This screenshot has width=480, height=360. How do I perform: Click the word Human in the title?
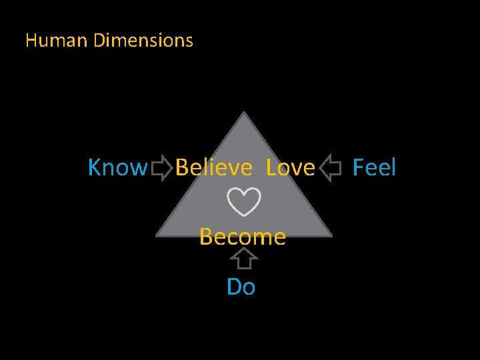(x=57, y=41)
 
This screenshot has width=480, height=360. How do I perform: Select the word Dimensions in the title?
(x=143, y=41)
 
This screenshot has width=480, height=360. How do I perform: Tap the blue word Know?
(x=117, y=168)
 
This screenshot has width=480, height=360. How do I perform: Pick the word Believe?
(x=214, y=168)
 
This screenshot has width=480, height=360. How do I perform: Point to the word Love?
(x=290, y=168)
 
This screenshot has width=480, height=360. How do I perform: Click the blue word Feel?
(x=374, y=167)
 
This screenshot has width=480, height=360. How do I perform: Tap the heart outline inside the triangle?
(x=243, y=202)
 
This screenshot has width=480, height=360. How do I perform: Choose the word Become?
(x=243, y=236)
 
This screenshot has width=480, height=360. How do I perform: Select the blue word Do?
(x=241, y=287)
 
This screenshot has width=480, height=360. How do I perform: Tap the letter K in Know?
(x=95, y=168)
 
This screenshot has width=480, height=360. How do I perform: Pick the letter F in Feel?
(x=357, y=167)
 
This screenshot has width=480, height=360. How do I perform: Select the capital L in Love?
(x=270, y=168)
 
